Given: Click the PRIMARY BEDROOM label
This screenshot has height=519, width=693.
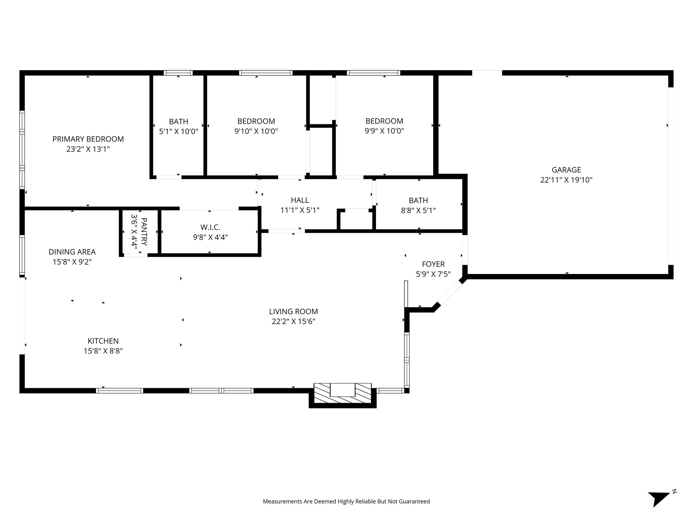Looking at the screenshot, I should (88, 139).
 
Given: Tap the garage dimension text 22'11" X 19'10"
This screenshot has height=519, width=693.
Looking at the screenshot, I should (566, 180).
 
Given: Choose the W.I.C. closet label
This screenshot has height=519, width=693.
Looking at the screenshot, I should (210, 227).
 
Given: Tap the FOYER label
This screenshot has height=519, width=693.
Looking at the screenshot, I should (433, 264).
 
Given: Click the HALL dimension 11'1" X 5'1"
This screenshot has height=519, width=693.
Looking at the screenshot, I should (300, 210).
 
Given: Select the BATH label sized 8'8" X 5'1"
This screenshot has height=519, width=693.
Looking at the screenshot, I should (418, 200).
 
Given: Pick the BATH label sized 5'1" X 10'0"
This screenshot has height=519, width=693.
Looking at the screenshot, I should (178, 121).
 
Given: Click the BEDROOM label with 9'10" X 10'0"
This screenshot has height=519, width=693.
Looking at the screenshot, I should (256, 121).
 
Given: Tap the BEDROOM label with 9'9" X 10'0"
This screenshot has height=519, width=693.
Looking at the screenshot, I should (384, 121).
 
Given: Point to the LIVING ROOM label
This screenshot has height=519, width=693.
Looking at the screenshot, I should (293, 311).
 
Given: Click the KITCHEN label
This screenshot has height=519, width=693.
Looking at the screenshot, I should (103, 341).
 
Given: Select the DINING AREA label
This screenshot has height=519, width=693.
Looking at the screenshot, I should (72, 252).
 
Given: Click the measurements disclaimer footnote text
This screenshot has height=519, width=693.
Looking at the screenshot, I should (346, 501).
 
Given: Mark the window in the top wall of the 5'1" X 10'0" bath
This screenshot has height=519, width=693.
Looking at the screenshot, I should (178, 73).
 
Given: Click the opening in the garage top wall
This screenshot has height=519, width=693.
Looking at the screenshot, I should (487, 73).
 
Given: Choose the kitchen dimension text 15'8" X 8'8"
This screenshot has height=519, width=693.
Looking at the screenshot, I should (103, 351).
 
